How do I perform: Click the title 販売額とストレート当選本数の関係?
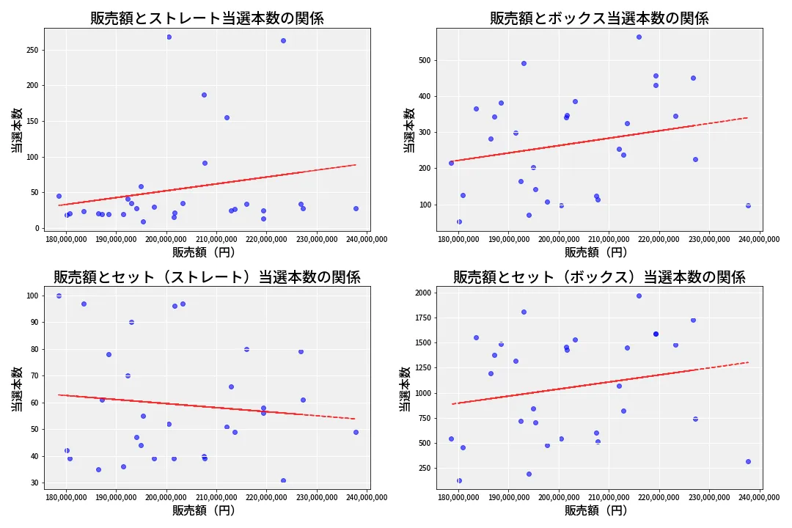tap(207, 18)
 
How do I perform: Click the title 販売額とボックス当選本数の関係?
tap(599, 18)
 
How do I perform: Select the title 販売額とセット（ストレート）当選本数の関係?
tap(207, 277)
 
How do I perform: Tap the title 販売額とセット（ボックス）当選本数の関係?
tap(599, 277)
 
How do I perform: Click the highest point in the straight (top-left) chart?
tap(169, 37)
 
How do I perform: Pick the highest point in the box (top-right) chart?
tap(639, 37)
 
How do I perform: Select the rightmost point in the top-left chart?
tap(356, 208)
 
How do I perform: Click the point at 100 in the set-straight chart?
tap(59, 296)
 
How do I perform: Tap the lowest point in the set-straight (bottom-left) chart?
tap(283, 480)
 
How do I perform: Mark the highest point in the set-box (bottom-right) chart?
tap(639, 296)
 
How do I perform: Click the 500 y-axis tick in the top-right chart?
tap(424, 60)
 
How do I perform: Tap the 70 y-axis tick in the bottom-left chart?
tap(32, 376)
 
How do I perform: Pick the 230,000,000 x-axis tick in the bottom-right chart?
tap(709, 498)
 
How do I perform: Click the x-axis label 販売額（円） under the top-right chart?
tap(595, 252)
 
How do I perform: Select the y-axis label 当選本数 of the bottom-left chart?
tap(16, 389)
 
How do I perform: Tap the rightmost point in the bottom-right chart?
tap(748, 461)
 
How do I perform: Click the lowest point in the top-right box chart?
tap(459, 221)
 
